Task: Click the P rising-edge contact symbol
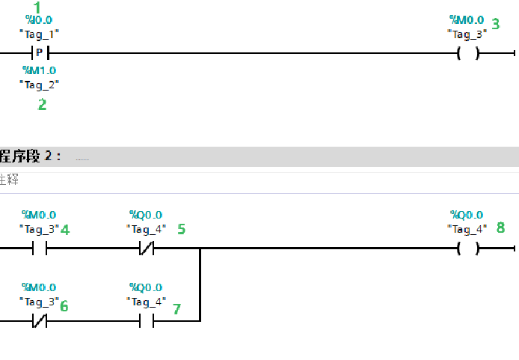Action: click(x=39, y=53)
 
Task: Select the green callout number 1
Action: click(x=37, y=7)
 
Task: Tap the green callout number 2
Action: click(x=42, y=105)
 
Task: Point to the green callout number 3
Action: click(x=495, y=24)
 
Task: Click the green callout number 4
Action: click(x=65, y=230)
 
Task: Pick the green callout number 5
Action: click(x=181, y=229)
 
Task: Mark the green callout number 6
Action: click(x=64, y=305)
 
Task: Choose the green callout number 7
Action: click(x=176, y=308)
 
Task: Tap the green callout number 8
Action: click(x=500, y=227)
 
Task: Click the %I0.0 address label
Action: click(x=39, y=20)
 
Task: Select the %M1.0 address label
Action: click(x=39, y=70)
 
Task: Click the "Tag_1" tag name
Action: click(x=39, y=33)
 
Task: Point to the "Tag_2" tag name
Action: click(x=39, y=84)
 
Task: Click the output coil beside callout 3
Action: click(x=468, y=53)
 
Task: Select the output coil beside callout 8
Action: click(x=468, y=248)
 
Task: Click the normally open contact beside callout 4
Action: click(x=39, y=248)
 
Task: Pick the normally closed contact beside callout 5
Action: click(x=147, y=248)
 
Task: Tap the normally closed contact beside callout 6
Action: click(x=39, y=321)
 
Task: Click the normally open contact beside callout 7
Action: click(x=147, y=321)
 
